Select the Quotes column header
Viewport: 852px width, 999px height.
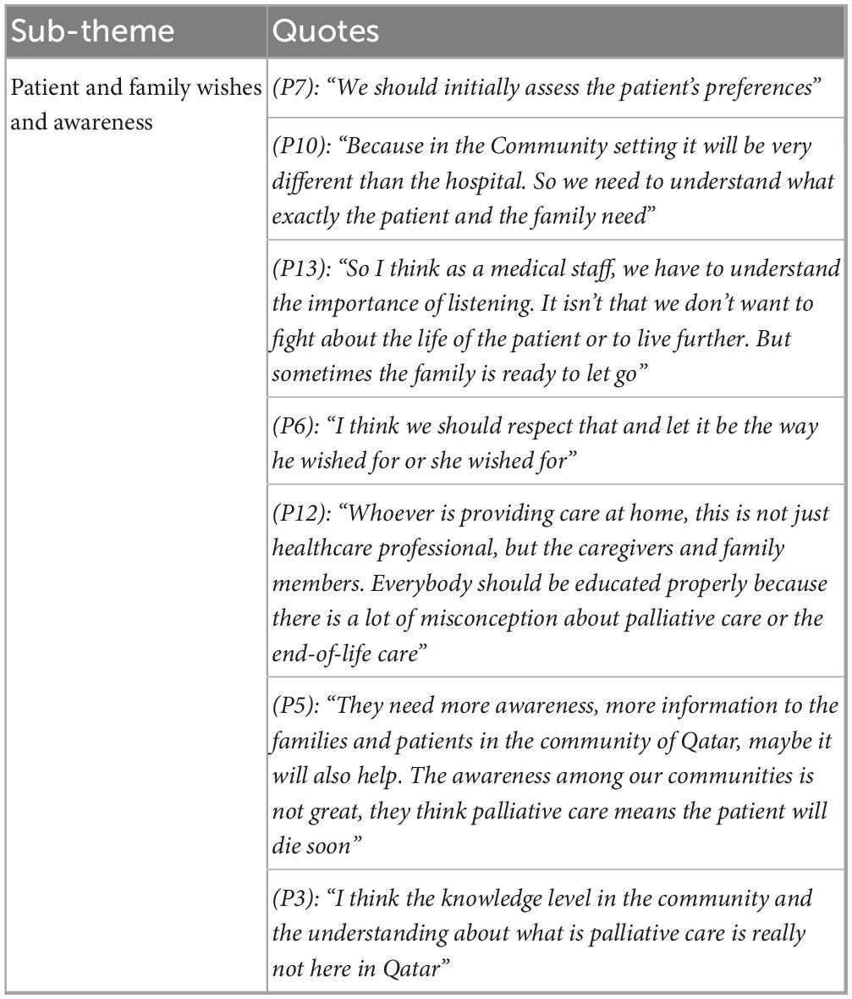pos(326,31)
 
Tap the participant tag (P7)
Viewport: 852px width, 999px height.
pos(294,88)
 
